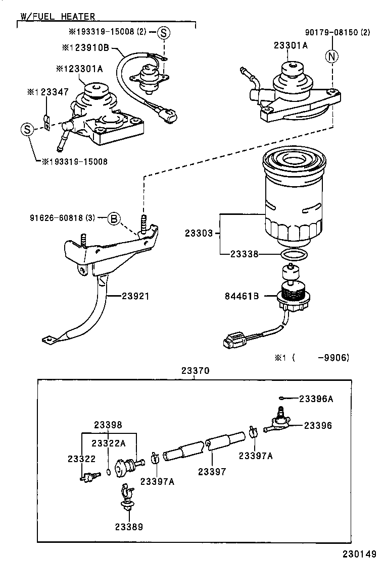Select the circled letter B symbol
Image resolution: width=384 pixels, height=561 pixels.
114,218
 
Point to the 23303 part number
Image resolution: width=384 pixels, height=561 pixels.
199,234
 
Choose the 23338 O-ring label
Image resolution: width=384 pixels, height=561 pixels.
245,254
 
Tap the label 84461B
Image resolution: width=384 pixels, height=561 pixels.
242,296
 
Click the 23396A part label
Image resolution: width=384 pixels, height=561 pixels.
316,398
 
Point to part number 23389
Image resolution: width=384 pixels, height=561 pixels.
128,527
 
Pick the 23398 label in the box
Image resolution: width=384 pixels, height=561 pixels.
108,425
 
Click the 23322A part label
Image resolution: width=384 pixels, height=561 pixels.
109,443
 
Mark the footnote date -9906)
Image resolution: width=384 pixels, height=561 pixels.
333,358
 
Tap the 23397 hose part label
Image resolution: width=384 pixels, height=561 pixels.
212,471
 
